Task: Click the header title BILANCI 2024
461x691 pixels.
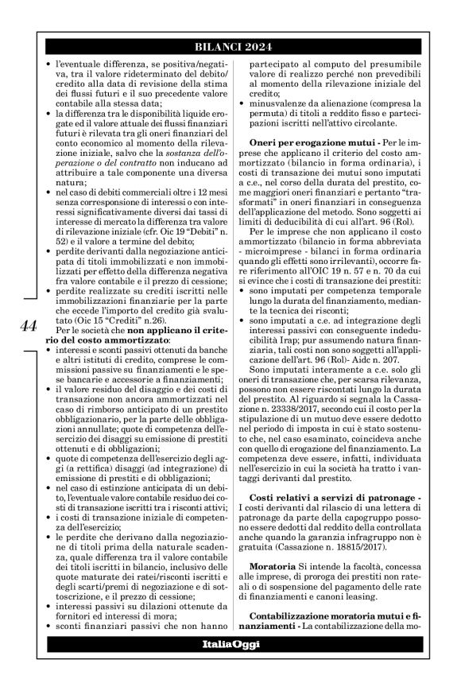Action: coord(242,46)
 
